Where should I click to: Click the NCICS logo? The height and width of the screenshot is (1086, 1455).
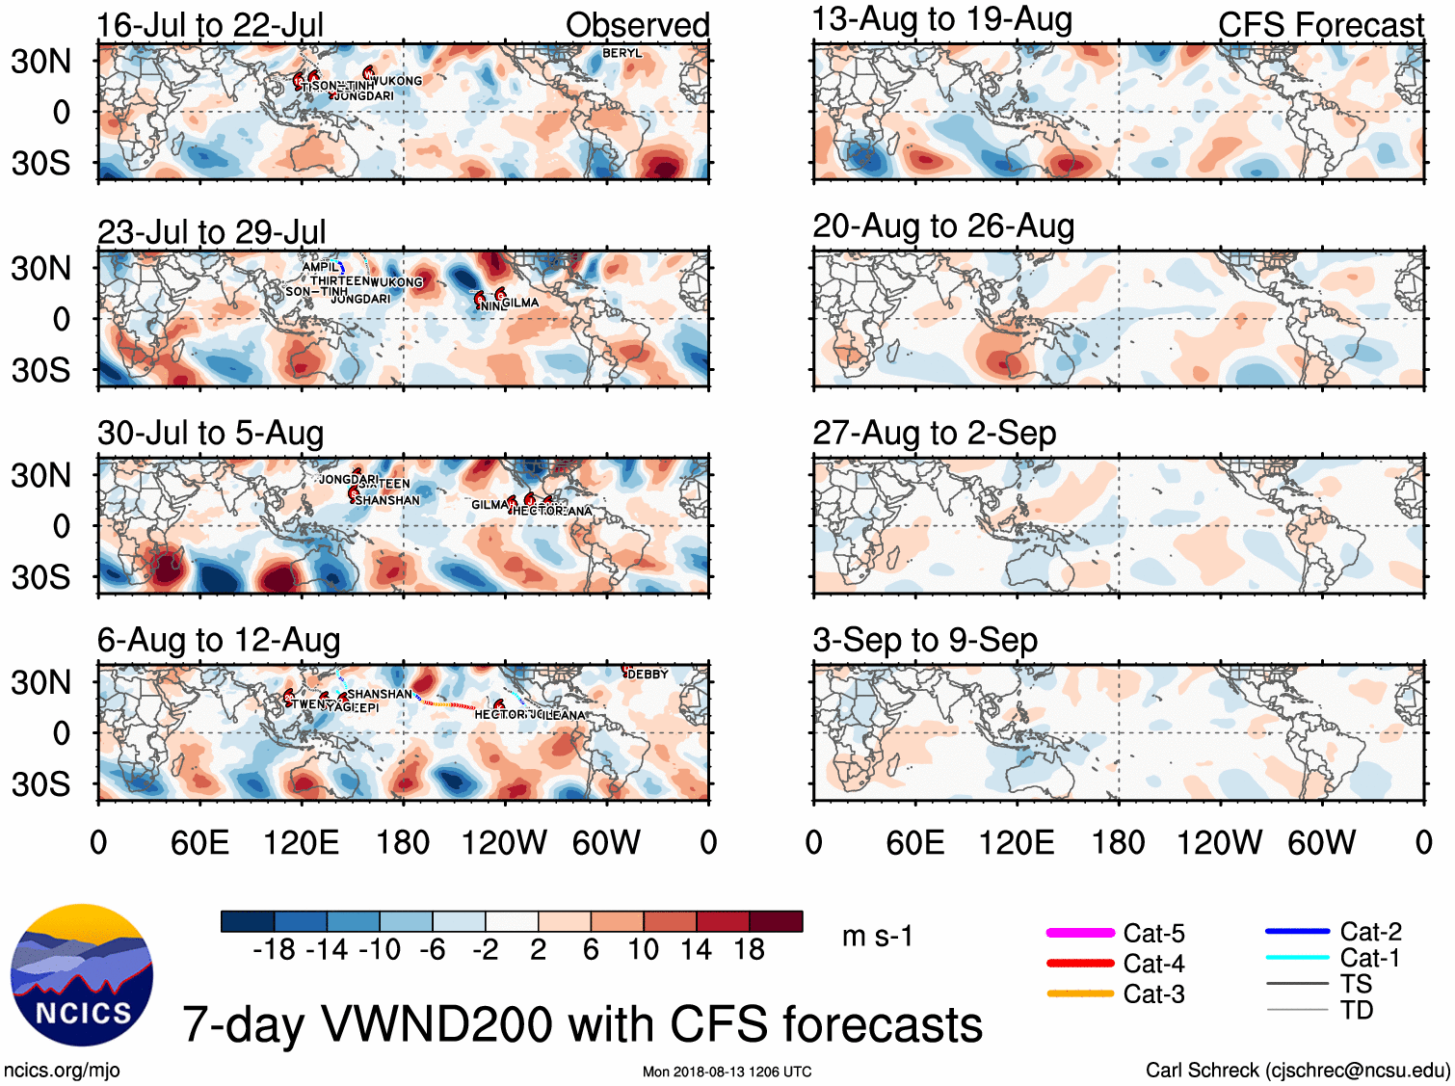81,975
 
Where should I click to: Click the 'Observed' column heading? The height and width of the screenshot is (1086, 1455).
637,25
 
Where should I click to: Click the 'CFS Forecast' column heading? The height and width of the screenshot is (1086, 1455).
1320,25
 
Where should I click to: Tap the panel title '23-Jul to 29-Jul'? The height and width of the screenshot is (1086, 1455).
211,232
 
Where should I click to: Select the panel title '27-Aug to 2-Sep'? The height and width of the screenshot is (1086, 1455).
934,433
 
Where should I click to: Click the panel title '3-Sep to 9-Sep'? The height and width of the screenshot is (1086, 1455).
924,640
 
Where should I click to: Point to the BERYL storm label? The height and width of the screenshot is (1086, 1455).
622,53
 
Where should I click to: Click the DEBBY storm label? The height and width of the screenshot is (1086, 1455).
647,675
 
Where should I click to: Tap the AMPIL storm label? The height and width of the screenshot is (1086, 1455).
320,267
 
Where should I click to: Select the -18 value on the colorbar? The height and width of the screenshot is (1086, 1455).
274,950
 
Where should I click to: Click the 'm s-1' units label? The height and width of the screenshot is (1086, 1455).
877,936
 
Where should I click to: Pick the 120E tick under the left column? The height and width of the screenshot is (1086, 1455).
301,843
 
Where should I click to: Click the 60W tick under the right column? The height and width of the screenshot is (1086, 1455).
1321,843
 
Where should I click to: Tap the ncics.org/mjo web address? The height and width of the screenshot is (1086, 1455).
62,1070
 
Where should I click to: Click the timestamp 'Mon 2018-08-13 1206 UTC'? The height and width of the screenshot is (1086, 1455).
727,1072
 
